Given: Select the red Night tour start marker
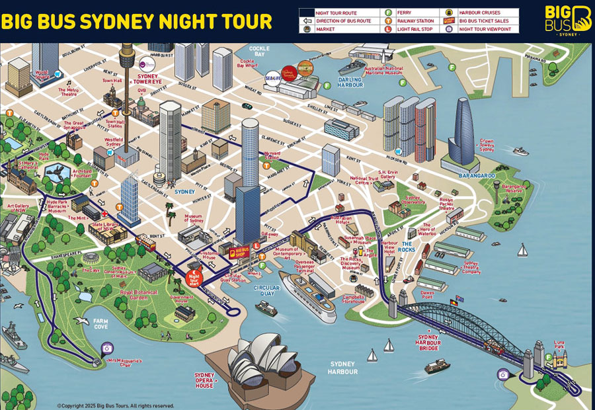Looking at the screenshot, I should pyautogui.click(x=194, y=278).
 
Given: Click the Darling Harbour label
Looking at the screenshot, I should pyautogui.click(x=350, y=83).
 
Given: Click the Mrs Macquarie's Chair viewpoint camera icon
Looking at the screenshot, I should pyautogui.click(x=106, y=349).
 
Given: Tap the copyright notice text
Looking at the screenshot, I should pyautogui.click(x=116, y=405).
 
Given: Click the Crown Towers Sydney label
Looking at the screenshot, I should pyautogui.click(x=487, y=144).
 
